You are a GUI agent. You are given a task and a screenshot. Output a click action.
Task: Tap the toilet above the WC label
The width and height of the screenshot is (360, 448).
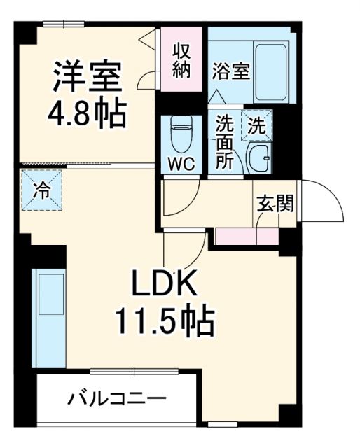pyautogui.click(x=181, y=135)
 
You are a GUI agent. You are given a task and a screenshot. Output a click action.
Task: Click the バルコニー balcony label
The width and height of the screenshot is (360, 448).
pyautogui.click(x=117, y=400)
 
